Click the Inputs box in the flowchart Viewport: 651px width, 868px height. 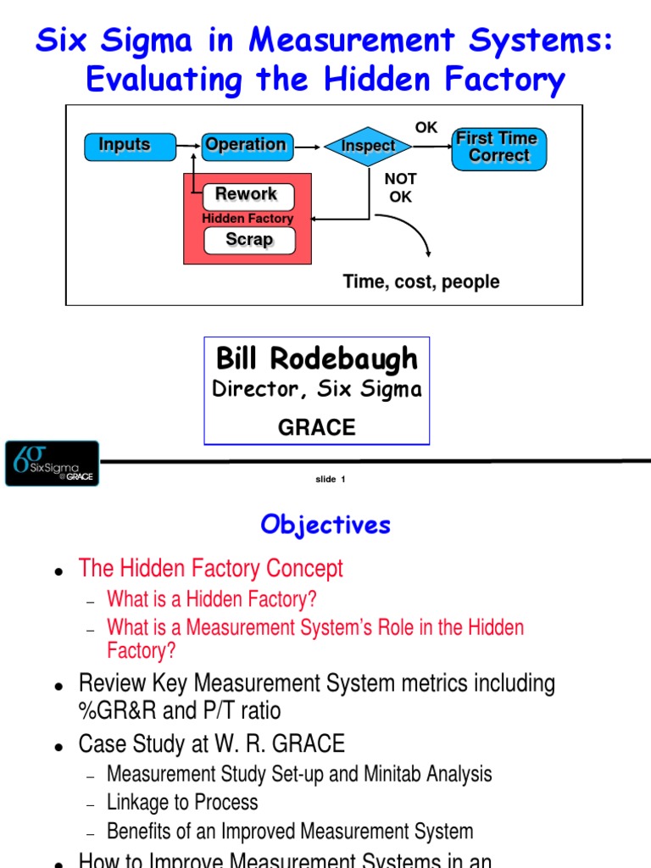[125, 146]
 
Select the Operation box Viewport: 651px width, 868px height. [246, 146]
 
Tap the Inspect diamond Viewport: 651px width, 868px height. [368, 146]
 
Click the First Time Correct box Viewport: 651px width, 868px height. [498, 147]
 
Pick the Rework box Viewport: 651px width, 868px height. [248, 195]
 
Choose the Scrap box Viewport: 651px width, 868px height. [249, 240]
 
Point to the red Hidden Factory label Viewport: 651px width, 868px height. [248, 219]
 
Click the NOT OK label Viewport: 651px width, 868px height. [400, 188]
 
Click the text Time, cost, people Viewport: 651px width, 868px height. [420, 281]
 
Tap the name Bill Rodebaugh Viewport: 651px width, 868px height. [317, 359]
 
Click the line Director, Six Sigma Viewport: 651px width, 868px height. [317, 390]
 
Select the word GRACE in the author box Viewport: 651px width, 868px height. [317, 428]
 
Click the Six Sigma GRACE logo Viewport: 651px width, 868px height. [52, 463]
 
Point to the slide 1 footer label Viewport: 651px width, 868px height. [331, 480]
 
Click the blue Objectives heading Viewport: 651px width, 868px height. [325, 525]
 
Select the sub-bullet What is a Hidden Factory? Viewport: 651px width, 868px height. [211, 599]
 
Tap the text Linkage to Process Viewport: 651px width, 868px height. [182, 802]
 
